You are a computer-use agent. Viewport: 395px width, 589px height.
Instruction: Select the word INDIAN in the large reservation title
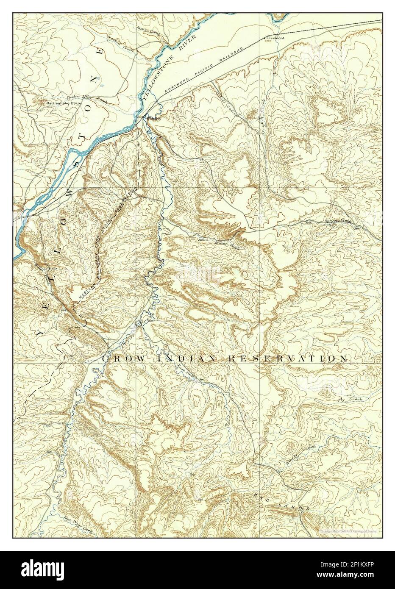pyautogui.click(x=183, y=359)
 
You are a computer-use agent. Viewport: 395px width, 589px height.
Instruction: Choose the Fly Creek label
pyautogui.click(x=345, y=400)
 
